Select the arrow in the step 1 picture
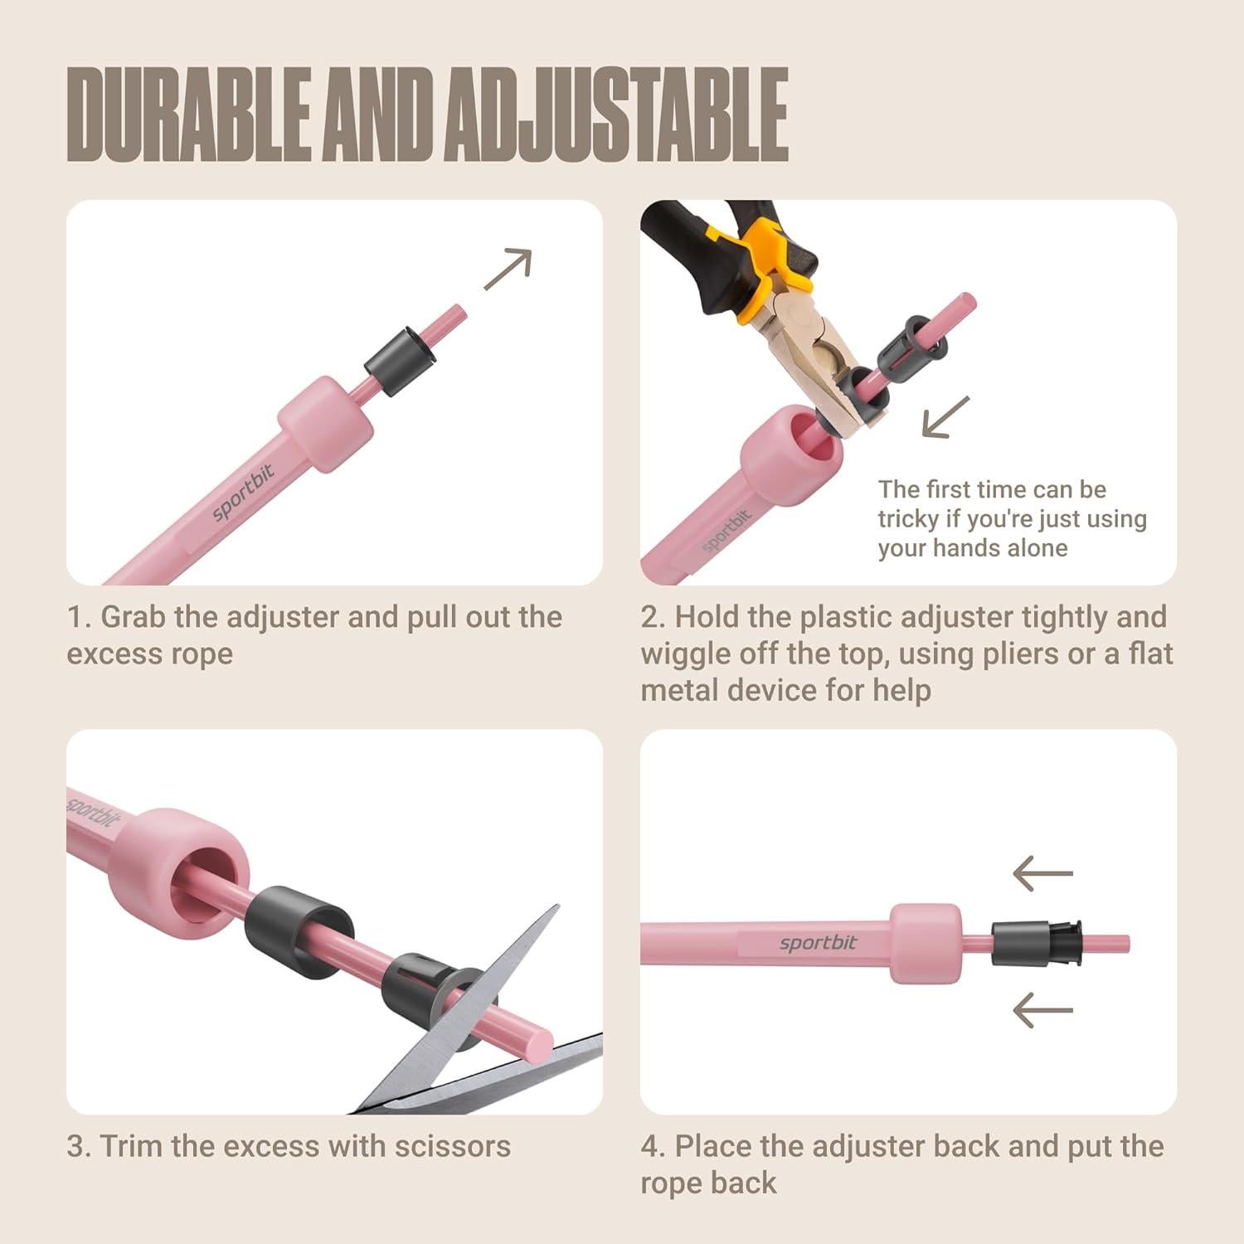pyautogui.click(x=508, y=269)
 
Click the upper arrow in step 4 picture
pyautogui.click(x=1042, y=874)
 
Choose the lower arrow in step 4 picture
pyautogui.click(x=1042, y=1010)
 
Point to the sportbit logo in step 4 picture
pyautogui.click(x=818, y=943)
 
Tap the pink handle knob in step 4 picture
pyautogui.click(x=926, y=943)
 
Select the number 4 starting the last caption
pyautogui.click(x=652, y=1147)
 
